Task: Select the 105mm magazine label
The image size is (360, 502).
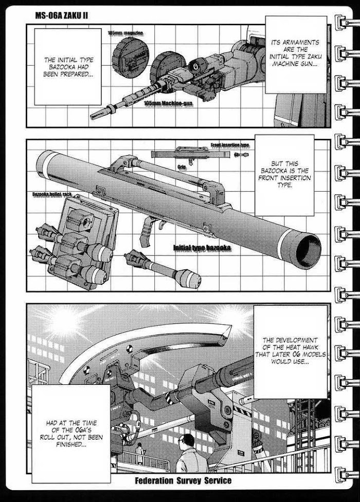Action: click(x=125, y=33)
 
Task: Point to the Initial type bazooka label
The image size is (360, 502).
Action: click(x=201, y=249)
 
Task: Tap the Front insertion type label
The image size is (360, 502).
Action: click(x=229, y=145)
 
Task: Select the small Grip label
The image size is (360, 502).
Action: click(x=182, y=166)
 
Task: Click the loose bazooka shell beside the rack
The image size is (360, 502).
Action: click(x=164, y=269)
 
